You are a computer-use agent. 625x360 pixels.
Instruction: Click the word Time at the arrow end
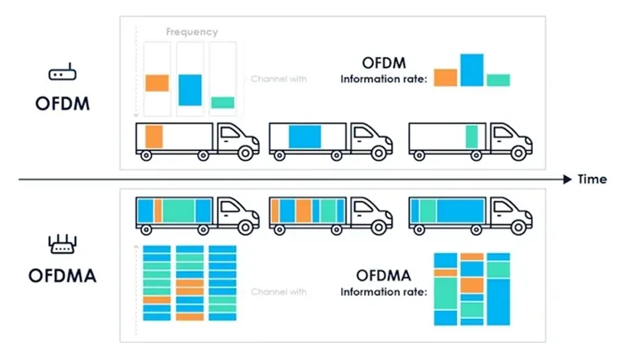pyautogui.click(x=592, y=180)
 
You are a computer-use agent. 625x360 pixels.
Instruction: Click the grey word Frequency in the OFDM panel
pyautogui.click(x=191, y=32)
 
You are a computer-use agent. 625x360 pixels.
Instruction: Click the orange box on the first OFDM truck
pyautogui.click(x=154, y=138)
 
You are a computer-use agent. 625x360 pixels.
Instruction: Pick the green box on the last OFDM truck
pyautogui.click(x=471, y=138)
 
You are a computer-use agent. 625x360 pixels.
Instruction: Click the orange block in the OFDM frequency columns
pyautogui.click(x=157, y=83)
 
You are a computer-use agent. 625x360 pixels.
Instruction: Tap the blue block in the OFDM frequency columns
pyautogui.click(x=190, y=89)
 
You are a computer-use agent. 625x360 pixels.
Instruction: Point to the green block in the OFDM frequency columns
pyautogui.click(x=222, y=103)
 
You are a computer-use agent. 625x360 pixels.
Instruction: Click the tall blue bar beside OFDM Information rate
pyautogui.click(x=471, y=70)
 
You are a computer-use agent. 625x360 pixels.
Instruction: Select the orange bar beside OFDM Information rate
pyautogui.click(x=446, y=78)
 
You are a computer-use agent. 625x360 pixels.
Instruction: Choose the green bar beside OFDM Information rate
pyautogui.click(x=498, y=80)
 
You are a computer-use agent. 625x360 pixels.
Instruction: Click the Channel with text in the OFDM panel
pyautogui.click(x=278, y=80)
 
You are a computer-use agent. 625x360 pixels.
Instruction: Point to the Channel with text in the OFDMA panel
pyautogui.click(x=278, y=292)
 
